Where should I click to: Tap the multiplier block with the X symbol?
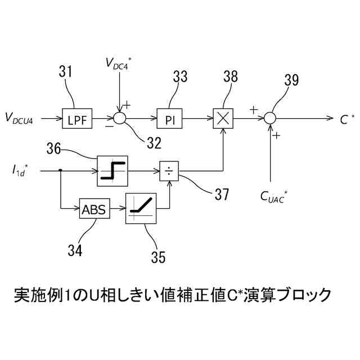click(224, 119)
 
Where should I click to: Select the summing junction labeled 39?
click(271, 119)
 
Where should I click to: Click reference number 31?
click(66, 71)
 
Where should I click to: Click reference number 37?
click(220, 194)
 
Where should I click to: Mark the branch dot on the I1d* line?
click(60, 168)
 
